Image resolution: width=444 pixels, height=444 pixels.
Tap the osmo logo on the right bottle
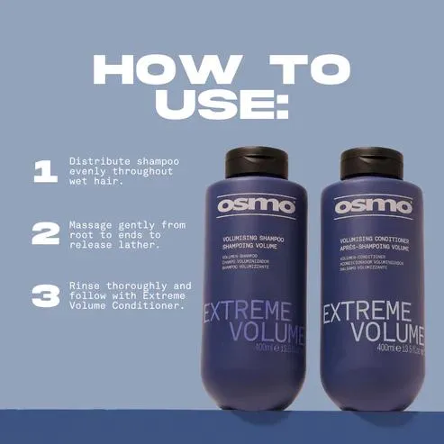(373, 206)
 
